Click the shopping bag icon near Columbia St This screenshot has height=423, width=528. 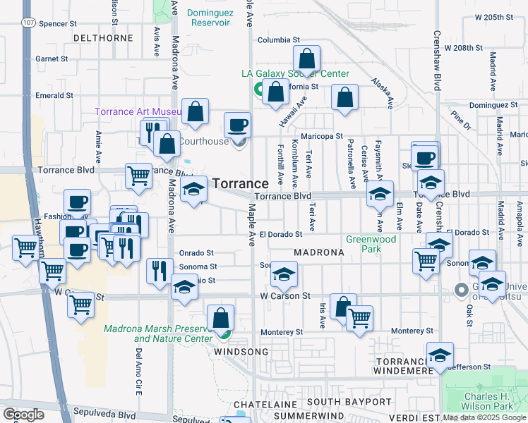click(x=307, y=61)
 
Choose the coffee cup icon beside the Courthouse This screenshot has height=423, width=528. click(x=238, y=126)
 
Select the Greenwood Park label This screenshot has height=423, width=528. click(x=371, y=243)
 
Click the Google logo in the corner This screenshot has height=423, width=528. click(x=23, y=415)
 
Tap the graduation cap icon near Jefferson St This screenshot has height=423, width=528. click(x=440, y=357)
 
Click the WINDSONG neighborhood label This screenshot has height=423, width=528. click(x=241, y=351)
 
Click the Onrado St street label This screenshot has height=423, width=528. click(x=196, y=252)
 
